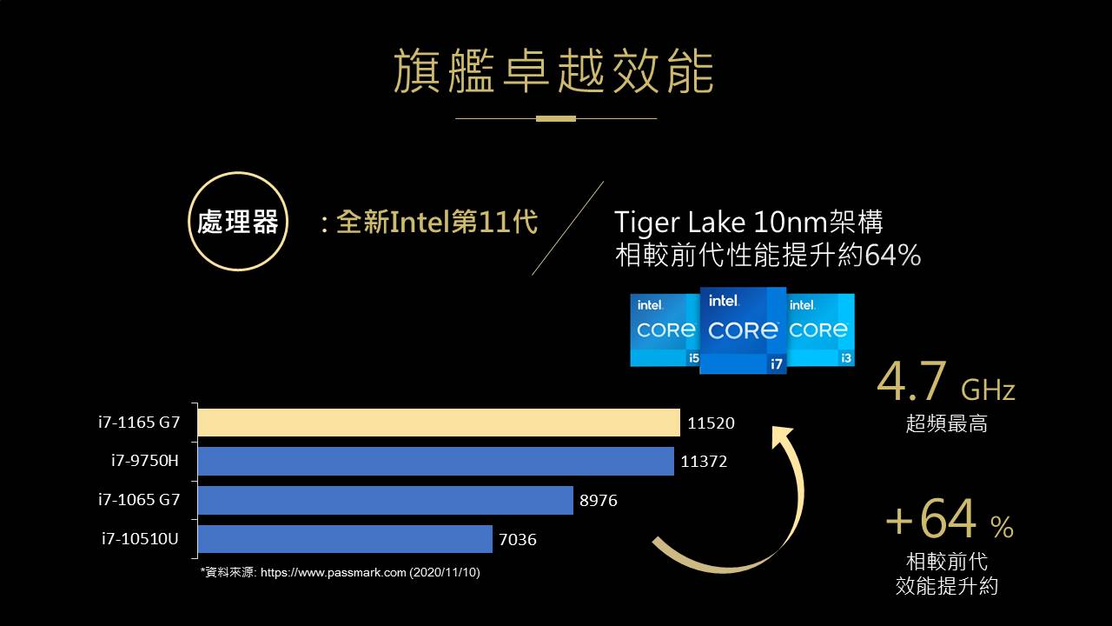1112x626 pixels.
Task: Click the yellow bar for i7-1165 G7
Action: coord(439,423)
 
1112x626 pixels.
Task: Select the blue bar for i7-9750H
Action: coord(435,461)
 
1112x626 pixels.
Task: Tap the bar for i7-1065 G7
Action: coord(385,500)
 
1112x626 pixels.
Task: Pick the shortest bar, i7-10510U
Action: coord(345,539)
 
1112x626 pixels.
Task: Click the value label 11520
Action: coord(711,423)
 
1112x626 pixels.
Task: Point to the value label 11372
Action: coord(704,462)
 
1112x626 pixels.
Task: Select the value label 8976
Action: coord(599,501)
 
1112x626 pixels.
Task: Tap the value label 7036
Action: coord(518,540)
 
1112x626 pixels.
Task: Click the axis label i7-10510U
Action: coord(140,539)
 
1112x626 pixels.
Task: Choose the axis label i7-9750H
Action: coord(144,461)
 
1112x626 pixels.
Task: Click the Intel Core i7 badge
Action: coord(743,330)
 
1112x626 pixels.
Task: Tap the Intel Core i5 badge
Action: coord(665,330)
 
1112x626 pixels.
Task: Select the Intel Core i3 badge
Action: coord(821,330)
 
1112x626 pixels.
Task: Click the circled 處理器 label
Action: coord(237,222)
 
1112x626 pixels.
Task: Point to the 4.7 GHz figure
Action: coord(945,383)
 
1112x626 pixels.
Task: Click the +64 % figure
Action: coord(949,521)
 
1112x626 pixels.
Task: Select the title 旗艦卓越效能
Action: coord(554,71)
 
